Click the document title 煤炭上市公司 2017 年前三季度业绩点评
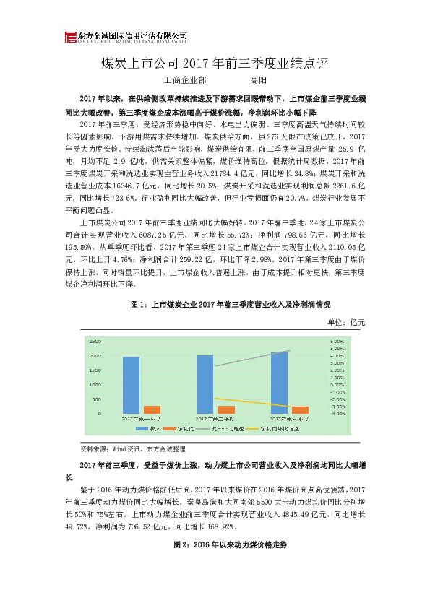(215, 63)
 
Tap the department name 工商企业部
(185, 80)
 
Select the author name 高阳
(258, 80)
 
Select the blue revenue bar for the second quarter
(205, 384)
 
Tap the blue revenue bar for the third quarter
(279, 383)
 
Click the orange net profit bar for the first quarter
(152, 409)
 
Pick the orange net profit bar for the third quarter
(299, 409)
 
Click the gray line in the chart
(253, 358)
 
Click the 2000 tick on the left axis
(95, 356)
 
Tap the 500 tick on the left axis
(97, 399)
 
